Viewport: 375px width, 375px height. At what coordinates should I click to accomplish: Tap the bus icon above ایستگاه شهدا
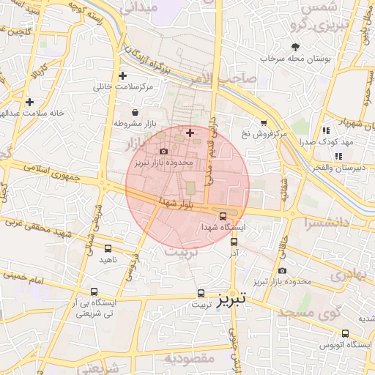point(223,215)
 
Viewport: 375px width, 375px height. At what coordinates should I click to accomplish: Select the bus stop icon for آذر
point(234,241)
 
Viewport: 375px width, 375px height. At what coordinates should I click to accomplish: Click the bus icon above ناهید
point(108,248)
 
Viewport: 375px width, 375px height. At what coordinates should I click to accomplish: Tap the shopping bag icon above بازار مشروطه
point(135,112)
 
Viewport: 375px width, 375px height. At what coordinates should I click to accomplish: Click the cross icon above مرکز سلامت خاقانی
point(122,75)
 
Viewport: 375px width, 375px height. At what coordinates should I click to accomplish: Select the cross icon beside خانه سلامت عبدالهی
point(29,103)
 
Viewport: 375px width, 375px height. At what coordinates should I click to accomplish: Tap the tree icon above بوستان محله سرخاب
point(295,46)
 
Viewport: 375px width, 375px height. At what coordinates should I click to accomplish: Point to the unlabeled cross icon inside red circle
point(190,133)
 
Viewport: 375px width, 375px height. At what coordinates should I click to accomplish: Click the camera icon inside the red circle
point(163,151)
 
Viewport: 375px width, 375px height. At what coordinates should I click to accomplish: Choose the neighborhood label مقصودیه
point(189,358)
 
